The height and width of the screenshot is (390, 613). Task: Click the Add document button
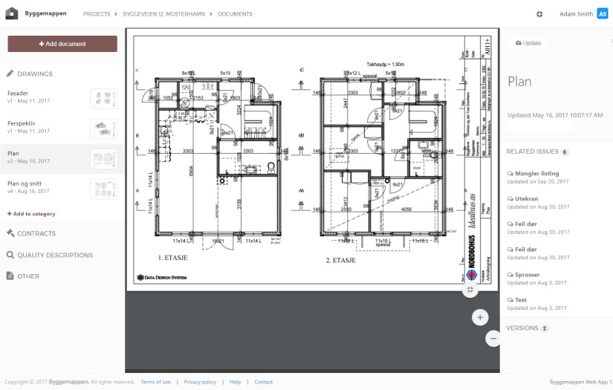click(x=62, y=44)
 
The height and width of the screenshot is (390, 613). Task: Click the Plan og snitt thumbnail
click(x=103, y=188)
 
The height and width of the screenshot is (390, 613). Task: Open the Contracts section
click(x=36, y=233)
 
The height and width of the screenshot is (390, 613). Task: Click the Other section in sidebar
click(x=28, y=276)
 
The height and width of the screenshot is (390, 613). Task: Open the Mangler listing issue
click(x=536, y=174)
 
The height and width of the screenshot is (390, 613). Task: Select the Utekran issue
click(x=527, y=198)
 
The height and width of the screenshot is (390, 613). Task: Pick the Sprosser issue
click(x=528, y=275)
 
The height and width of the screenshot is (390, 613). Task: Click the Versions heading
click(x=522, y=328)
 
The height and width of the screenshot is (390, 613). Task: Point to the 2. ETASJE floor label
click(x=341, y=261)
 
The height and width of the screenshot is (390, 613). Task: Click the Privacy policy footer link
click(x=200, y=382)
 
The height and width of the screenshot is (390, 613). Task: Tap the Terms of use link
click(x=155, y=382)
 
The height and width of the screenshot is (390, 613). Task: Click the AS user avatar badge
click(x=602, y=13)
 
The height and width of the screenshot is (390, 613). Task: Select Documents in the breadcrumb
click(x=235, y=14)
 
